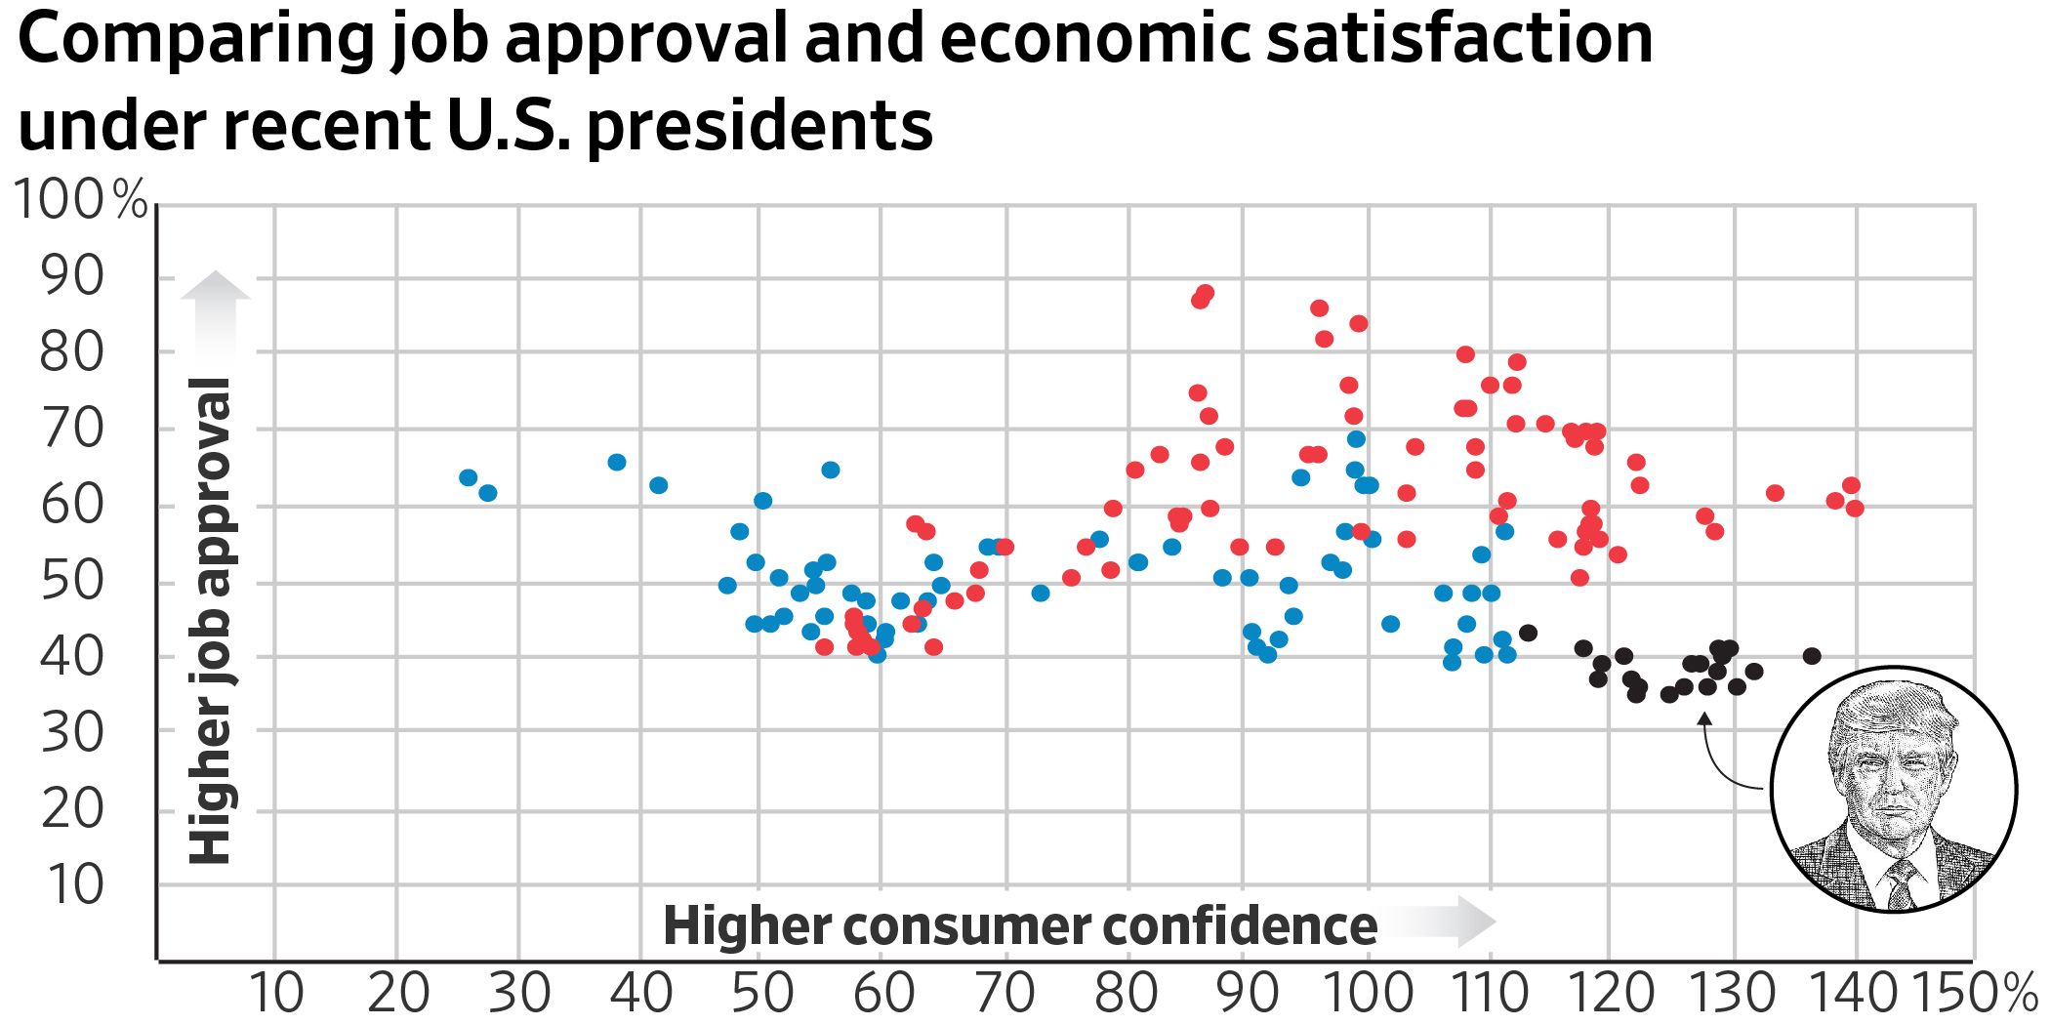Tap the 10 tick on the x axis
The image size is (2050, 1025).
[276, 994]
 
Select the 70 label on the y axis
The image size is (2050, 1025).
[71, 429]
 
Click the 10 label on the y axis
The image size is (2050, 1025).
[71, 885]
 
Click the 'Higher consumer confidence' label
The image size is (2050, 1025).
[1020, 925]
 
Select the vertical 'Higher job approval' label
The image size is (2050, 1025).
[210, 621]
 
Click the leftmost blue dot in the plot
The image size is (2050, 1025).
[469, 477]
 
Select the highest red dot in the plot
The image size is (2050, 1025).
[1206, 293]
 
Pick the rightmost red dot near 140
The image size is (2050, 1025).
[1856, 509]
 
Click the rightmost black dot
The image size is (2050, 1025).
[1812, 656]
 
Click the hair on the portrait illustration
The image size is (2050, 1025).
[1889, 708]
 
